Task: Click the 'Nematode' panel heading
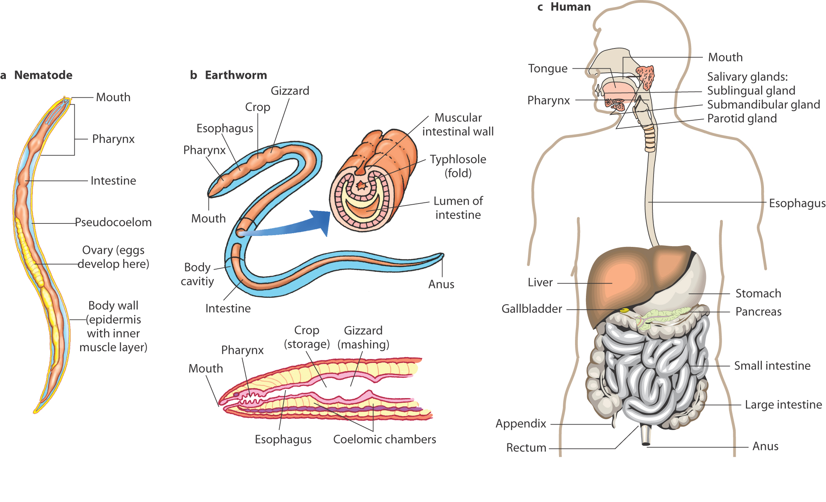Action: pos(43,75)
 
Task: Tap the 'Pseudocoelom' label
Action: pos(113,222)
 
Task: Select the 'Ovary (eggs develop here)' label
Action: pos(113,257)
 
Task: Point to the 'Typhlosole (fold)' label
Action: pos(458,166)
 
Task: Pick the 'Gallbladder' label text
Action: pos(532,309)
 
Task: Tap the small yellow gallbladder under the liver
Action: pos(624,311)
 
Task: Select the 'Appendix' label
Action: pos(521,424)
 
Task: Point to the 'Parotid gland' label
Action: pos(742,119)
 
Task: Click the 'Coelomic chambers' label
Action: pos(384,439)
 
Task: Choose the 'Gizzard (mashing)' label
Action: pos(363,338)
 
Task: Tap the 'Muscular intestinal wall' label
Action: pos(458,125)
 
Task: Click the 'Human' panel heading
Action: pos(570,7)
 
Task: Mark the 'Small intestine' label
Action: pos(772,366)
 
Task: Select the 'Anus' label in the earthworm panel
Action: pos(441,284)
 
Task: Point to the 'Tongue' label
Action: pos(548,69)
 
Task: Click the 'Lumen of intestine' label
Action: pos(458,208)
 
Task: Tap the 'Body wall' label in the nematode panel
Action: pos(113,326)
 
